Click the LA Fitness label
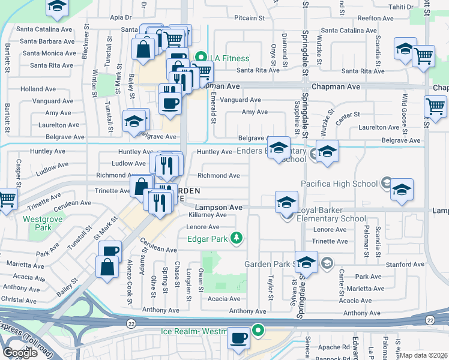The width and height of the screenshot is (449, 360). point(229,58)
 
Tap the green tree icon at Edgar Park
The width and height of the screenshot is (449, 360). point(237,238)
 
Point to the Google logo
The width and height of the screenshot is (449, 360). point(20,353)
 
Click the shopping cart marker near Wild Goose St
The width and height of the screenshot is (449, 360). point(435,106)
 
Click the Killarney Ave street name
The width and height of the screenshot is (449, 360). point(208,215)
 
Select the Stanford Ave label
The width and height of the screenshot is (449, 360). point(406,264)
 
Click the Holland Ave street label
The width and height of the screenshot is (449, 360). point(38,89)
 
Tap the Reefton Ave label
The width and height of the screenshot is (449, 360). point(375,19)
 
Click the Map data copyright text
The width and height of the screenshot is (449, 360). point(423,355)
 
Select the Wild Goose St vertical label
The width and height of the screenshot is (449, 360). point(405,114)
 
